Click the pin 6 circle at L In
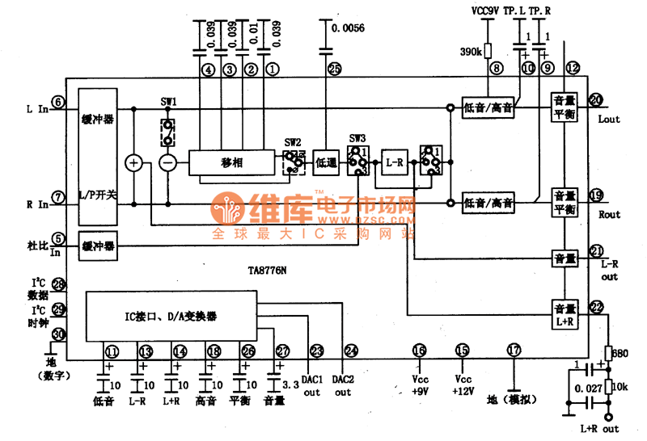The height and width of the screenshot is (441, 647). (58, 102)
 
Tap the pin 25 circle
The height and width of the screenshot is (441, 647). (335, 69)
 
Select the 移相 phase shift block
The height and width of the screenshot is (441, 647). (234, 162)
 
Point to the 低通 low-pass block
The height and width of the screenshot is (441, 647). (326, 162)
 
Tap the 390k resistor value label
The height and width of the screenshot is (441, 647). (471, 52)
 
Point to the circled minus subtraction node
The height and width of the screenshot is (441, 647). (167, 162)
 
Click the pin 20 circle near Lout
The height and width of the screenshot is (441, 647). (596, 100)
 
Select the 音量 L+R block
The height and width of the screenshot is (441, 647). (565, 313)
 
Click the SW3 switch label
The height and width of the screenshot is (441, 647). (357, 138)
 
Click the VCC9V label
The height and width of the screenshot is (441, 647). (488, 11)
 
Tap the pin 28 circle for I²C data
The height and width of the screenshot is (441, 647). (58, 283)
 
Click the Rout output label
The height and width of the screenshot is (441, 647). (609, 215)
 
